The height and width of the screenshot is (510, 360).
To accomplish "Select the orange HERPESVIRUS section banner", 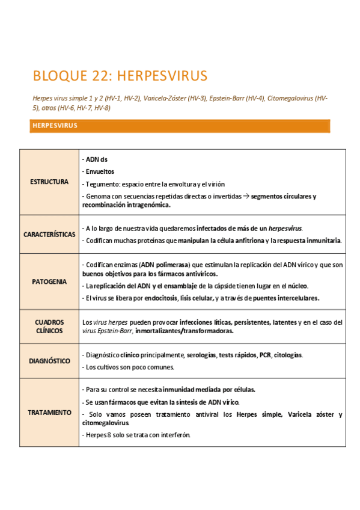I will click(180, 126).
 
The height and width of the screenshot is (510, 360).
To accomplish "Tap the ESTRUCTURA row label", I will click(49, 182).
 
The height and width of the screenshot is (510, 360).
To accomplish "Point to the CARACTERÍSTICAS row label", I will click(49, 234).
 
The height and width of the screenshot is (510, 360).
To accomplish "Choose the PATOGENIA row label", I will click(49, 281).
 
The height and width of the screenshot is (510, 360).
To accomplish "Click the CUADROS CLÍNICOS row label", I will click(49, 326).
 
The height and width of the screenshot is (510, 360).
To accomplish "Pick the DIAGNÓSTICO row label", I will click(49, 361).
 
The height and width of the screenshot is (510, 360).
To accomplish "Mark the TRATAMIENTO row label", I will click(49, 413).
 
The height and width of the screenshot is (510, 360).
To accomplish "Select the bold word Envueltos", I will click(100, 171).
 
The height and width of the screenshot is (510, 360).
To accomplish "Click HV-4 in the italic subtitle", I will click(254, 98).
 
